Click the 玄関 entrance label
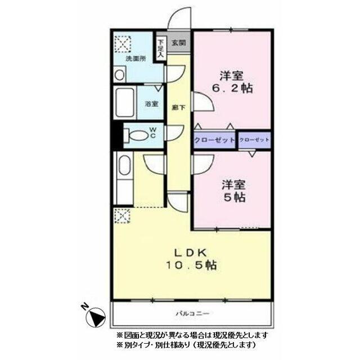(178, 42)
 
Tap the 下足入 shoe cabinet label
(160, 48)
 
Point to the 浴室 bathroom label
(151, 103)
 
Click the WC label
(152, 135)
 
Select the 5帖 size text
(233, 197)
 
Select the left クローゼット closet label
(214, 139)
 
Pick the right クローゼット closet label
(254, 139)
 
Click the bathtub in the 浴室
(124, 103)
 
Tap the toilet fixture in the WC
(135, 136)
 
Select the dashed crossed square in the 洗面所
(122, 44)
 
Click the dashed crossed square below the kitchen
(122, 214)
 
